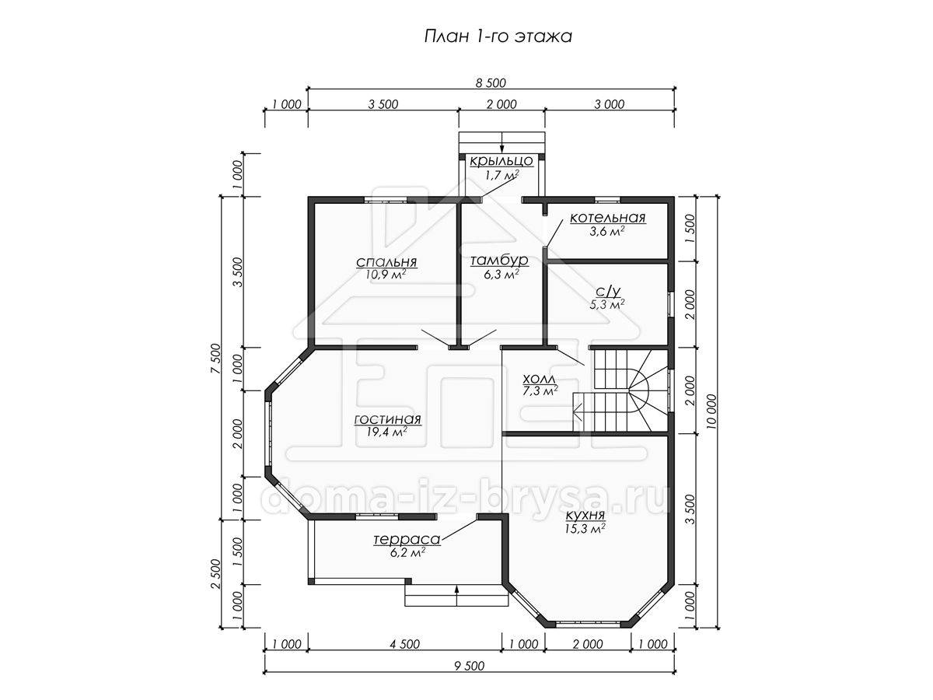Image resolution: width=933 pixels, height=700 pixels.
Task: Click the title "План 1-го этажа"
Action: (x=498, y=37)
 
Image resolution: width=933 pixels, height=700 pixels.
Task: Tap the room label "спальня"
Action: (x=386, y=262)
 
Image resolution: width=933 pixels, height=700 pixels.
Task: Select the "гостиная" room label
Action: (x=387, y=419)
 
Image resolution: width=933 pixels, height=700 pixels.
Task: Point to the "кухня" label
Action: (x=585, y=516)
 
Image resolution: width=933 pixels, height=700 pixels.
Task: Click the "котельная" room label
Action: (x=607, y=218)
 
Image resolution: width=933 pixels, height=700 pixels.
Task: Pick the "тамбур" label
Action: (x=499, y=260)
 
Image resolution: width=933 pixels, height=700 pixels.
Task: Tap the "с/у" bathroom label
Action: (x=608, y=292)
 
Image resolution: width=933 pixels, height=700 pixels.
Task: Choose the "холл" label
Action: (x=539, y=378)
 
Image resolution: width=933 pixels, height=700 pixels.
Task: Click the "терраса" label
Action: (x=407, y=539)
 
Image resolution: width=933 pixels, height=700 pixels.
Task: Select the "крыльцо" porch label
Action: (x=501, y=161)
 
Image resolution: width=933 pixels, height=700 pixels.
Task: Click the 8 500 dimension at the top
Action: (x=491, y=83)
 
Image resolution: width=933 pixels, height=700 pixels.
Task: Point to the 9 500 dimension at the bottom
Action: (x=470, y=666)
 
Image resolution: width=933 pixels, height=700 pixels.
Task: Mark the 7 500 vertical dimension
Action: (x=215, y=359)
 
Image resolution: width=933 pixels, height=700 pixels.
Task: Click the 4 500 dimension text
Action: (x=404, y=644)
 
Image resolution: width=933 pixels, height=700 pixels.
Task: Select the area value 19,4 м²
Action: (x=386, y=432)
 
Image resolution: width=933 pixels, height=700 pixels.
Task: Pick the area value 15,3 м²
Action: (x=585, y=528)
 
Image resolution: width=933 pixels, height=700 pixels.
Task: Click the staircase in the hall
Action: (x=620, y=390)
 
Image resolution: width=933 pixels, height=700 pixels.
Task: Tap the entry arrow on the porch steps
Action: (x=502, y=142)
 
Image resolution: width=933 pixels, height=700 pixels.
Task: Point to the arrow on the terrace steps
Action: (x=456, y=596)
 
